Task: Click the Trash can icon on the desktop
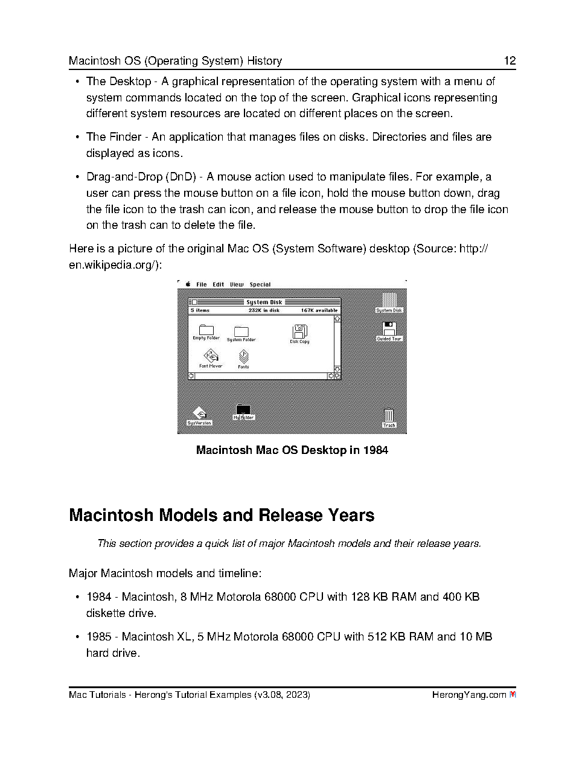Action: [x=389, y=416]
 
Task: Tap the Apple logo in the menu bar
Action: [x=188, y=284]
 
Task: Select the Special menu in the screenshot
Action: [x=260, y=284]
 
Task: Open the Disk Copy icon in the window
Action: [x=299, y=331]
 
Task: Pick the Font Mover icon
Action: [x=211, y=357]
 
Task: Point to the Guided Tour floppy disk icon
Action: [x=389, y=329]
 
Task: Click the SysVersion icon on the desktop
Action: [x=199, y=414]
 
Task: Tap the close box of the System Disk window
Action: [x=193, y=302]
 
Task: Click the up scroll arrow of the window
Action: [x=337, y=318]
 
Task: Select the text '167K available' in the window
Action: [x=319, y=310]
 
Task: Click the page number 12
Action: [x=510, y=61]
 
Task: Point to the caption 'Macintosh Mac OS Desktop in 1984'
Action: [x=292, y=450]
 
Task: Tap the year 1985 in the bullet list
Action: [x=98, y=637]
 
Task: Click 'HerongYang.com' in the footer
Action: [x=468, y=695]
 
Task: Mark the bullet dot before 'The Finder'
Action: [x=77, y=138]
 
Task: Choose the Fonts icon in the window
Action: [x=243, y=357]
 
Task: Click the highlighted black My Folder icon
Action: [x=243, y=410]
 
